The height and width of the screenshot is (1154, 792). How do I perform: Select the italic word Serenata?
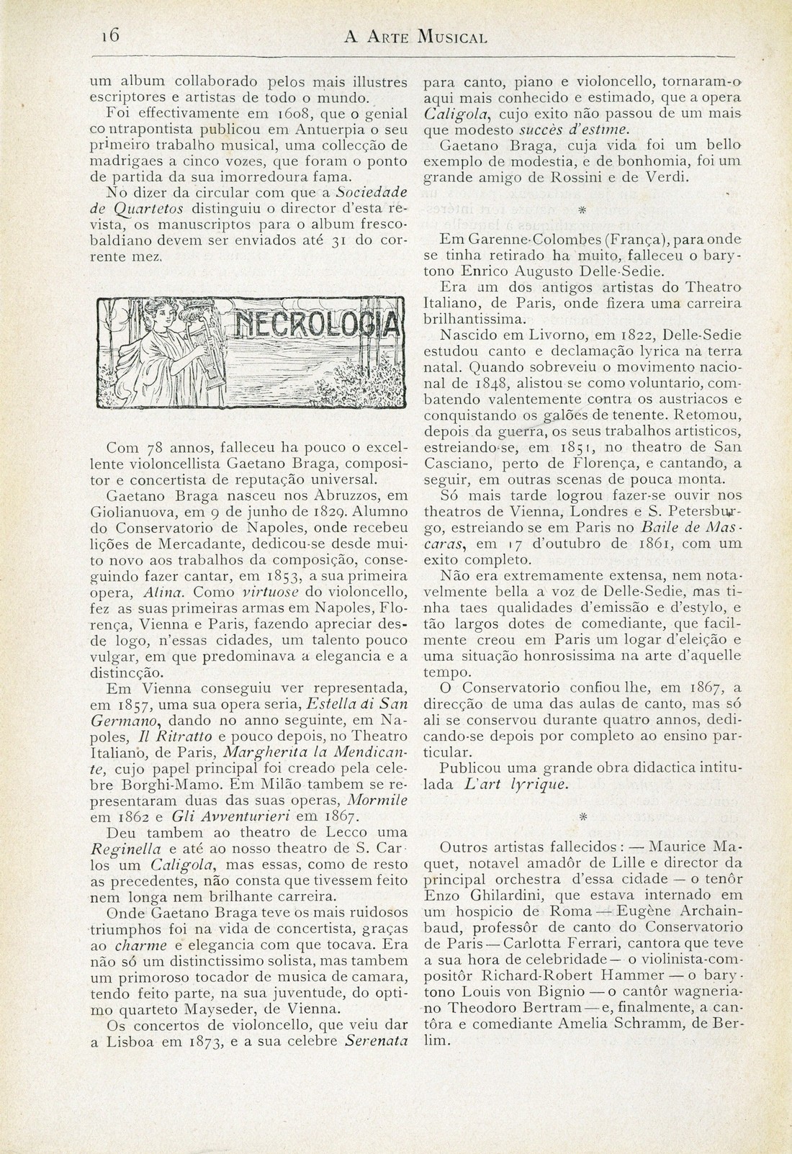(377, 1040)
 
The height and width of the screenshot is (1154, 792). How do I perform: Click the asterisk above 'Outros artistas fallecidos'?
(583, 816)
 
